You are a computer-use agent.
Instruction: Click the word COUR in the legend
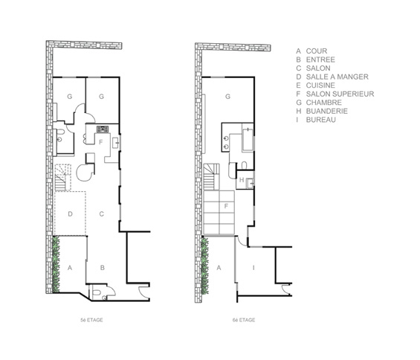[x=317, y=51]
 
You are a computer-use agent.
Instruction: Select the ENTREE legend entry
[x=320, y=60]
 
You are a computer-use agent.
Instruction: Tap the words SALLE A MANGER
[x=337, y=77]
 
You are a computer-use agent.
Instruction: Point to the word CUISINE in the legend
[x=320, y=86]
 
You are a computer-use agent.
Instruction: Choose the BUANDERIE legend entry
[x=327, y=111]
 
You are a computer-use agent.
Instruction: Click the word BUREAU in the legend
[x=320, y=120]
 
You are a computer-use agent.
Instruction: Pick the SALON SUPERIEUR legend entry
[x=340, y=94]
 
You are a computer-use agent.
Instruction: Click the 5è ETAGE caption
[x=91, y=320]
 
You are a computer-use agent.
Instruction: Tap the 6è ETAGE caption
[x=244, y=320]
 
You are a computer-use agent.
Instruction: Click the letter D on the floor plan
[x=70, y=214]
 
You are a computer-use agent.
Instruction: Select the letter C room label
[x=102, y=214]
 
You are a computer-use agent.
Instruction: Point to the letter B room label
[x=103, y=268]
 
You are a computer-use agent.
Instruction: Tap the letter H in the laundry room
[x=242, y=180]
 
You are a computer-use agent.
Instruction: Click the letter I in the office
[x=253, y=268]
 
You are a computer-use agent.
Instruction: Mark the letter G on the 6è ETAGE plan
[x=227, y=97]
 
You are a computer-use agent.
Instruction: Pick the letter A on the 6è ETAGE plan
[x=219, y=268]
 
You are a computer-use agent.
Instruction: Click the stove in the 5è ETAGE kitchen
[x=103, y=129]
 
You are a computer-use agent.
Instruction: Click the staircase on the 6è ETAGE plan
[x=211, y=177]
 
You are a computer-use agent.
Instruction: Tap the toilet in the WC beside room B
[x=96, y=292]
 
